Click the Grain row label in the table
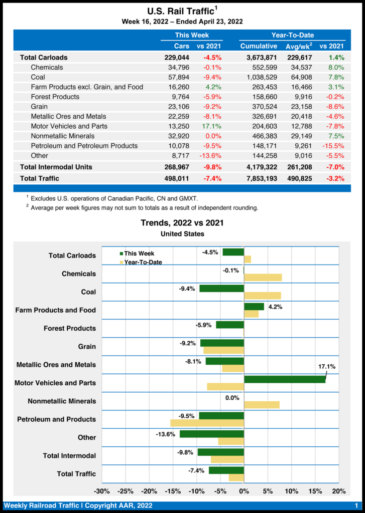pyautogui.click(x=39, y=107)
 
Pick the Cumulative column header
pyautogui.click(x=259, y=46)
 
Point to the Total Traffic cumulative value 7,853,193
pyautogui.click(x=259, y=178)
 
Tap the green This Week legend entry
pyautogui.click(x=137, y=254)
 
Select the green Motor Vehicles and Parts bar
pyautogui.click(x=285, y=379)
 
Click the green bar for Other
pyautogui.click(x=212, y=434)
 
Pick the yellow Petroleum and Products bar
pyautogui.click(x=207, y=423)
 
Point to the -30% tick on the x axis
pyautogui.click(x=102, y=491)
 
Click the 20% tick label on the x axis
pyautogui.click(x=339, y=491)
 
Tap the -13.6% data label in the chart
pyautogui.click(x=165, y=434)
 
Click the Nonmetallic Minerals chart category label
pyautogui.click(x=62, y=401)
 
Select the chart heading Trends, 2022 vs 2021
pyautogui.click(x=182, y=223)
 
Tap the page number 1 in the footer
pyautogui.click(x=356, y=506)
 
